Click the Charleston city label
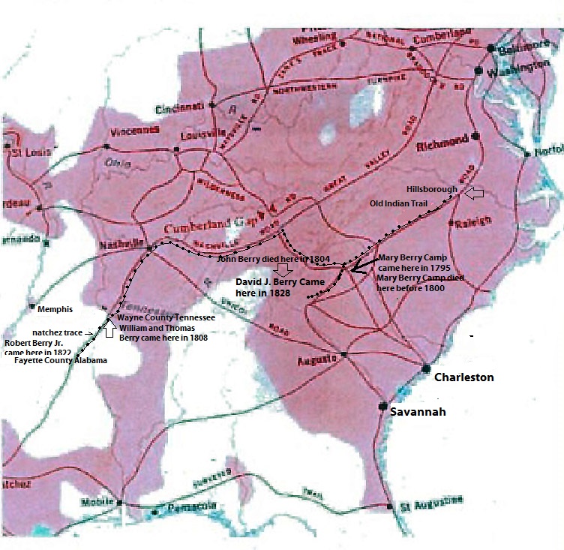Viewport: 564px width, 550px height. point(464,377)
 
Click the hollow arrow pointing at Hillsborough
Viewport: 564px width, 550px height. point(475,194)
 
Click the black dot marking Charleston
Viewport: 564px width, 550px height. point(425,368)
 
